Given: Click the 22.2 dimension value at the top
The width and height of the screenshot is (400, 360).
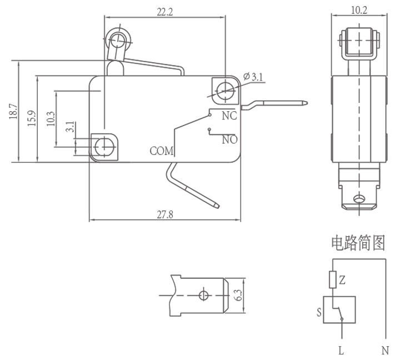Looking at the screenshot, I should click(x=165, y=12).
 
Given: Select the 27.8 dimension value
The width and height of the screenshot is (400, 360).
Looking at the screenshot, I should click(x=165, y=214).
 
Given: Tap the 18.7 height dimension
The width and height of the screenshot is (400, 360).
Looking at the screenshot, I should click(x=13, y=112).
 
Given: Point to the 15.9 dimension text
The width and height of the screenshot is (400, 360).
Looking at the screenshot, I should click(x=32, y=118).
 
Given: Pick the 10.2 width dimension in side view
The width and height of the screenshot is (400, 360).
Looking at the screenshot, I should click(x=359, y=10).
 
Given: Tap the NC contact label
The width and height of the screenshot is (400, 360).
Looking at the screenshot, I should click(x=229, y=116).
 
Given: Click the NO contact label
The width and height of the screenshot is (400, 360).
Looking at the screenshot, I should click(x=229, y=139).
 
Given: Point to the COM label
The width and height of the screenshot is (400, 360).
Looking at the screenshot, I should click(x=162, y=151).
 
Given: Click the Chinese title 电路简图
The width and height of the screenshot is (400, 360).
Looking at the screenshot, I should click(x=358, y=242).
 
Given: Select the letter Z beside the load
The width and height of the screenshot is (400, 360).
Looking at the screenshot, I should click(x=342, y=281).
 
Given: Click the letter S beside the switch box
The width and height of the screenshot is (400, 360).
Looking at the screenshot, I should click(x=319, y=312).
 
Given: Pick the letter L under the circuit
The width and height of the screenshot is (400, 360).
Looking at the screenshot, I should click(x=341, y=351).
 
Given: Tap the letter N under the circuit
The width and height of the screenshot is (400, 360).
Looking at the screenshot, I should click(x=385, y=351).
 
